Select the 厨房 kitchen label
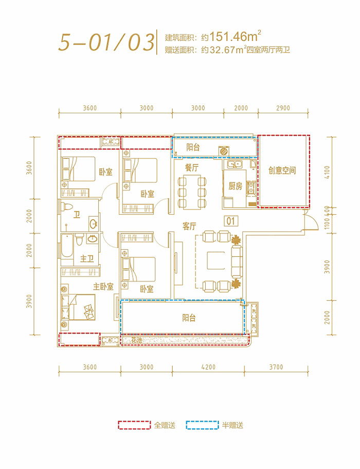235,186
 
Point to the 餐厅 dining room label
192,167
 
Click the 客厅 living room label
189,226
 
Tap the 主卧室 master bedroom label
103,286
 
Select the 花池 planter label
136,340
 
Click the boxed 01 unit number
230,221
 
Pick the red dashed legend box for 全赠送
133,425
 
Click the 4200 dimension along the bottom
208,367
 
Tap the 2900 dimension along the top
283,108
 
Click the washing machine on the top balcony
224,151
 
